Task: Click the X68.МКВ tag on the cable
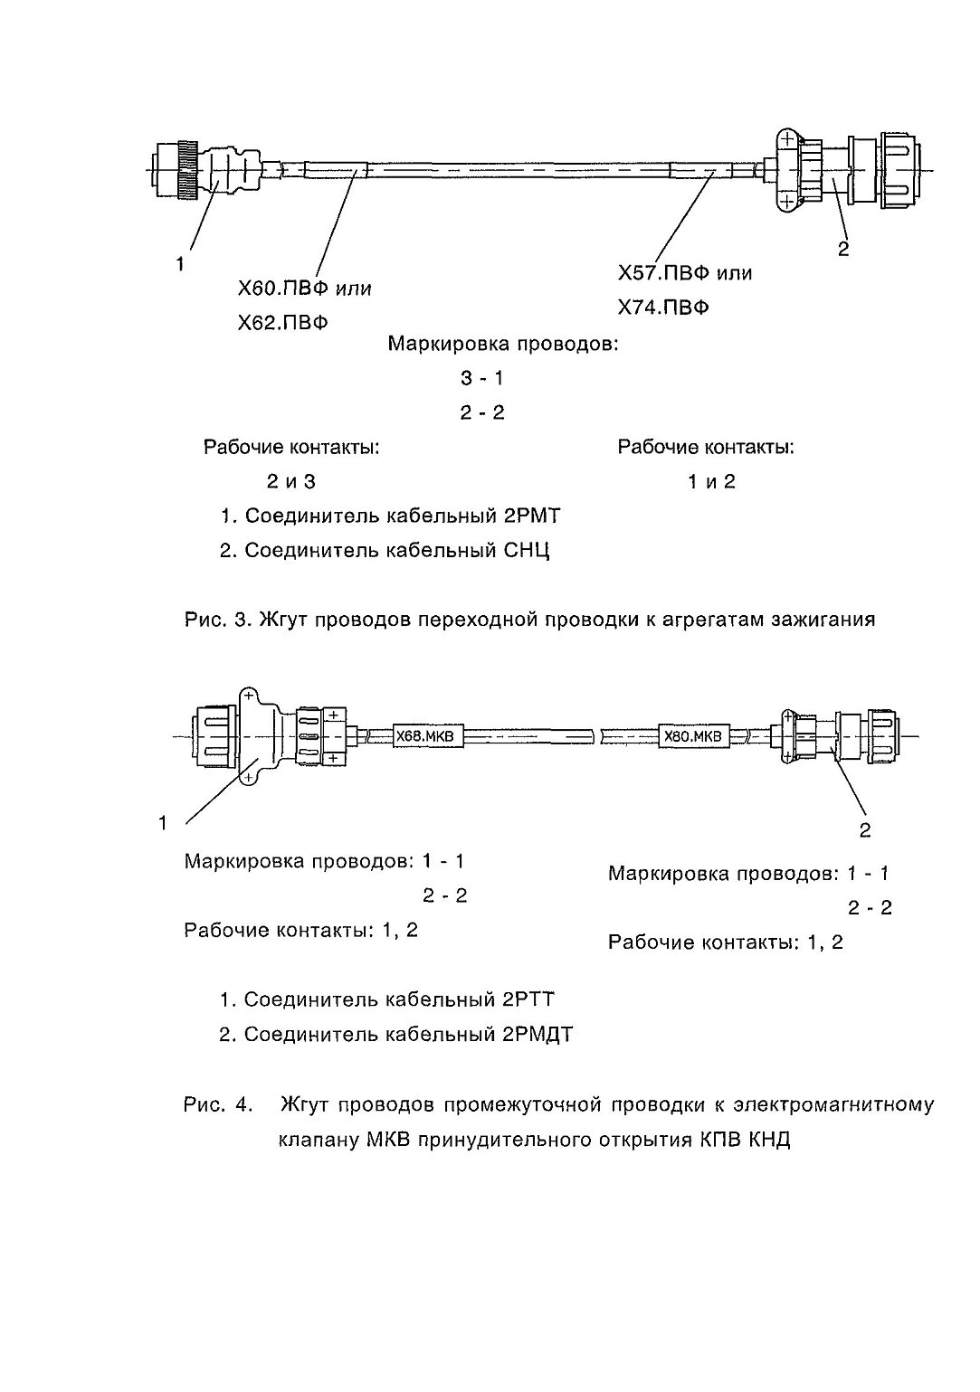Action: click(428, 736)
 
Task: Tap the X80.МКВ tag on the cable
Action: click(693, 736)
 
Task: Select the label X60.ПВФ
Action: click(283, 289)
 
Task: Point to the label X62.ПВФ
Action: click(283, 323)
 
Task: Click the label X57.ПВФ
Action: click(663, 273)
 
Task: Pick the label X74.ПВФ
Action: click(663, 308)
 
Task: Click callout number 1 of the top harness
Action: click(180, 265)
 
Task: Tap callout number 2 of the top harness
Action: click(843, 250)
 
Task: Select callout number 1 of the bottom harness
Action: click(163, 823)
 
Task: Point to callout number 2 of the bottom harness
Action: click(864, 830)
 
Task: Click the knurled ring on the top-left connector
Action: click(186, 170)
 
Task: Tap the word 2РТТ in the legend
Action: click(526, 999)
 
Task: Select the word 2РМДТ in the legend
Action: click(535, 1035)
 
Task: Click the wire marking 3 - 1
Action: click(482, 378)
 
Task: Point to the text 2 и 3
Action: click(291, 481)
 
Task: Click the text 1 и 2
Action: click(711, 481)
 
